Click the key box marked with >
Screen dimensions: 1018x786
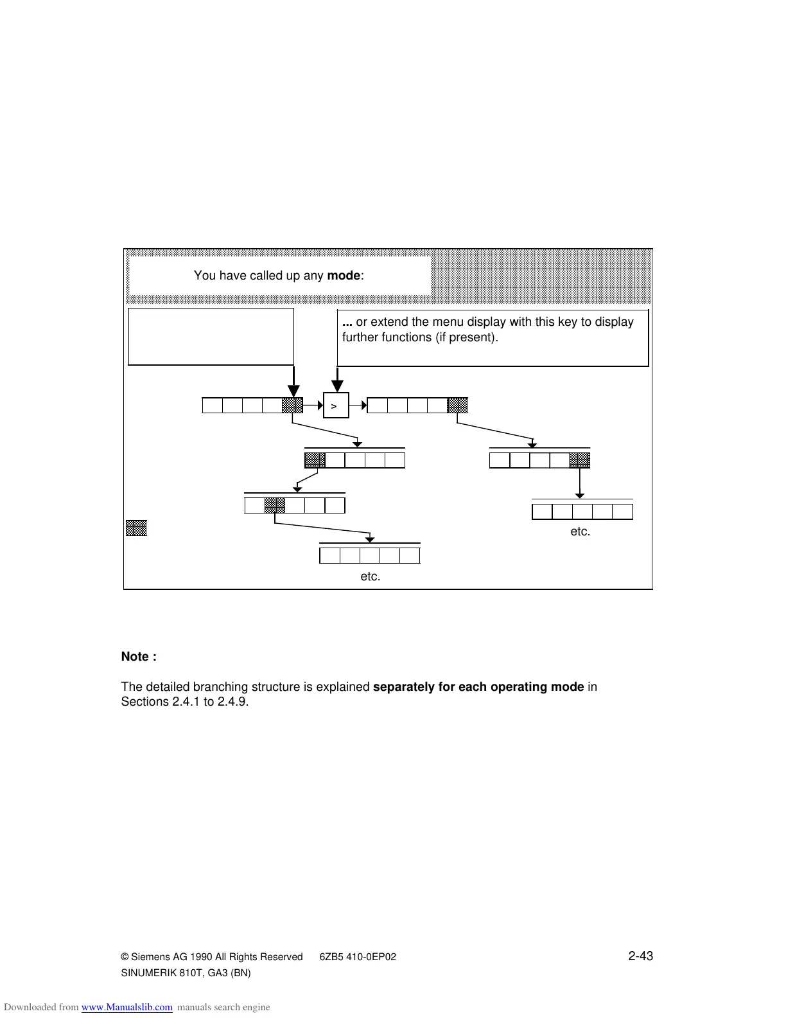tap(336, 406)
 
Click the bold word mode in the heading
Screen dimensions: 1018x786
tap(344, 276)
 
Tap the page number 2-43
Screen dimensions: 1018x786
tap(640, 956)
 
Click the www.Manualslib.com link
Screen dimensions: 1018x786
tap(127, 1007)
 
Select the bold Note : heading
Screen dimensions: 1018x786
tap(139, 657)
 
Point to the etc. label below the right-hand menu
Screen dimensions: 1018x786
tap(580, 531)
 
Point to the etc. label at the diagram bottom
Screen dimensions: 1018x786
tap(370, 576)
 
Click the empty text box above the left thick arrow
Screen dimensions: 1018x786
tap(211, 337)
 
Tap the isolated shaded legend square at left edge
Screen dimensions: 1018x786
tap(136, 528)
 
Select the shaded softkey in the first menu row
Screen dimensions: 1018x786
tap(292, 406)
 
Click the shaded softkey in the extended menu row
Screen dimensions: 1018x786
tap(457, 406)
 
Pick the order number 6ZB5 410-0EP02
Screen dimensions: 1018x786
tap(358, 957)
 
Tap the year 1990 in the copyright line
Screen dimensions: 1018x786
tap(201, 957)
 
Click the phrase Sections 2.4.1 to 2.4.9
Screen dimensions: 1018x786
tap(185, 702)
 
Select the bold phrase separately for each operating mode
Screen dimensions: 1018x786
tap(478, 687)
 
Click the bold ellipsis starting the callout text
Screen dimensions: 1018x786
tap(347, 322)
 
